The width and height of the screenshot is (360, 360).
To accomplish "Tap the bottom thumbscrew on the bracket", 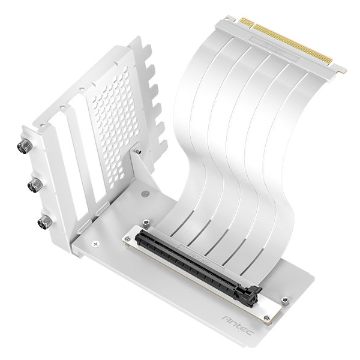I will tap(43, 223).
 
